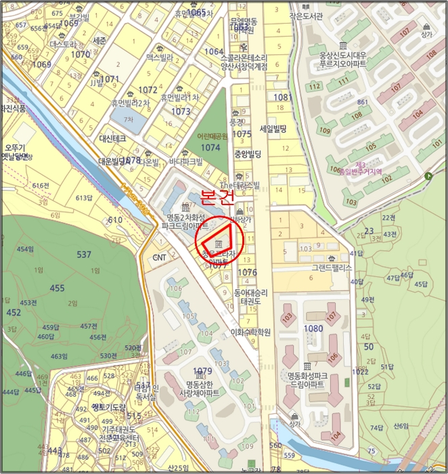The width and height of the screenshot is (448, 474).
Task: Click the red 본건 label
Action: point(218,198)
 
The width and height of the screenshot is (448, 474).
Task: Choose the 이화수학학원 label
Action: point(250,332)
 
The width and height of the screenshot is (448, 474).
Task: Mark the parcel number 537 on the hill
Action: point(84,255)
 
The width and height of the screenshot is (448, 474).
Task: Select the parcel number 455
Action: point(57,288)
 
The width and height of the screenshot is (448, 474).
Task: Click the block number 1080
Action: point(314,328)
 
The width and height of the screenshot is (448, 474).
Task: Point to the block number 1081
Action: point(284,98)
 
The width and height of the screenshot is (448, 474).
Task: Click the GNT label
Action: point(159,258)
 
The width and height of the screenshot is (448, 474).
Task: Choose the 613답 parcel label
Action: point(83,198)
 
